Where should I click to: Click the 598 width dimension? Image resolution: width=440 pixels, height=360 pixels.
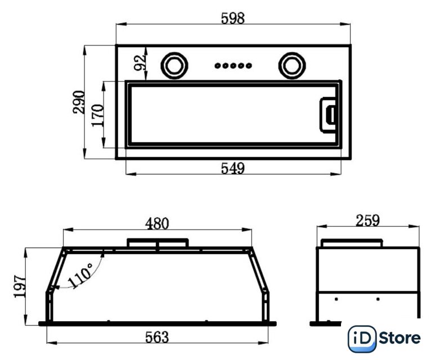click(232, 19)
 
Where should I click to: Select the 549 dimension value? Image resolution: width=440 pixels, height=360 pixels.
click(232, 168)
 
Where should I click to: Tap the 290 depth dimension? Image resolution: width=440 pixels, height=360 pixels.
click(79, 102)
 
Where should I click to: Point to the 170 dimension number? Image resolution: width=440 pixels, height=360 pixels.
click(98, 115)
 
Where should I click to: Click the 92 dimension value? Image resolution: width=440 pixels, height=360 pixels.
click(140, 63)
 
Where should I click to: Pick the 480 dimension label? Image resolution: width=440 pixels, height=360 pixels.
click(157, 223)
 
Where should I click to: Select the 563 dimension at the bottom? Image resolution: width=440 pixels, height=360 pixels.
click(157, 337)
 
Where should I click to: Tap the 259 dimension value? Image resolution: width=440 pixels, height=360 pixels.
click(367, 220)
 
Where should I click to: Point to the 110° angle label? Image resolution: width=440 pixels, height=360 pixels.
click(80, 276)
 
